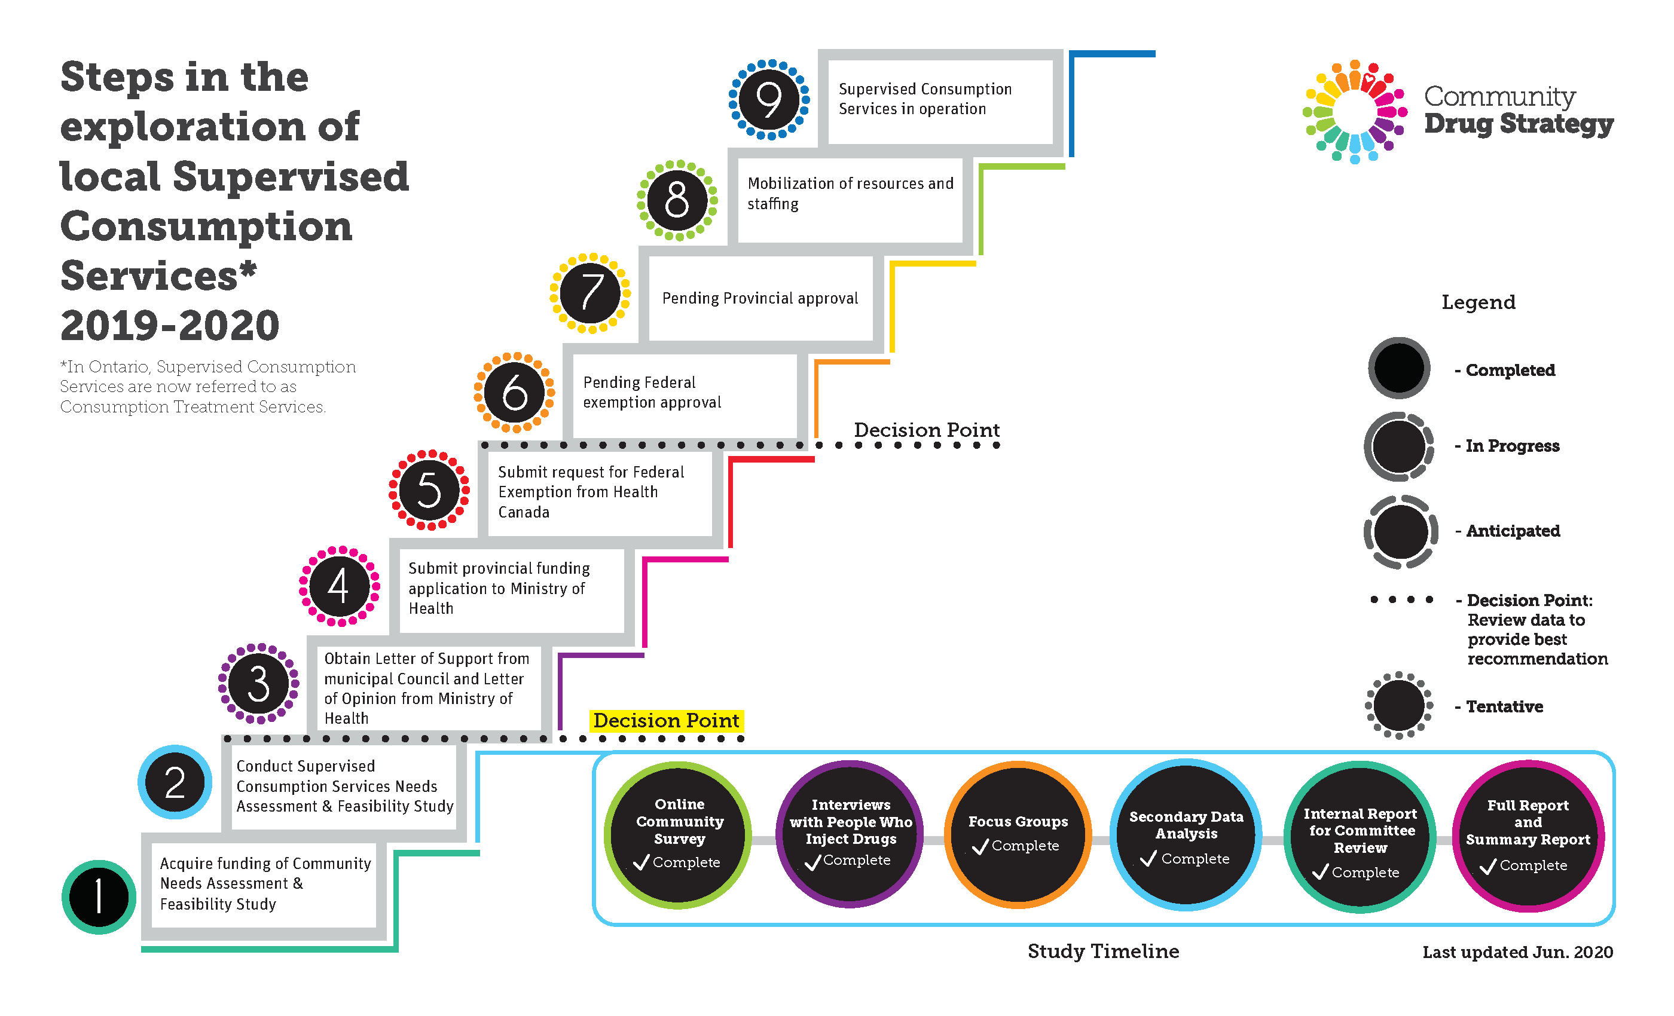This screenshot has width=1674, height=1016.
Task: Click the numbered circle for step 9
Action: click(769, 100)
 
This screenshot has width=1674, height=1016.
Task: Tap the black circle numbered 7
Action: click(591, 293)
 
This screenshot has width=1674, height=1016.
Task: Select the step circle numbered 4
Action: click(339, 586)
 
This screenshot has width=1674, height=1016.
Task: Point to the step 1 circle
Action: click(99, 897)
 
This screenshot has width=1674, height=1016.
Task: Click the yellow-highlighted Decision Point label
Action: click(666, 720)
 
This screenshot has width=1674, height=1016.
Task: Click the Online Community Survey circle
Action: click(678, 835)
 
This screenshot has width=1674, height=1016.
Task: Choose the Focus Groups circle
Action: click(1018, 835)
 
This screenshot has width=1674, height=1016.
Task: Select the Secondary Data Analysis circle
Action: click(1186, 835)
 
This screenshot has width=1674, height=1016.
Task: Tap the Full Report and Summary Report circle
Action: click(1529, 836)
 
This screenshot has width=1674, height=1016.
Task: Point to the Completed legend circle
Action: click(1399, 368)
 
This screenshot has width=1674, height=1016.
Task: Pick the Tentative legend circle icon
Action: click(1399, 705)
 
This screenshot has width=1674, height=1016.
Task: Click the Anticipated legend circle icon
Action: click(1400, 532)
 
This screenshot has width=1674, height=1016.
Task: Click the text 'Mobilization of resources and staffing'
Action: click(851, 194)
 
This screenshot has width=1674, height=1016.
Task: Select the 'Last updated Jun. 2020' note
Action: click(1518, 952)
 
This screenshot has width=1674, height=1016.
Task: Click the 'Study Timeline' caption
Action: click(1103, 951)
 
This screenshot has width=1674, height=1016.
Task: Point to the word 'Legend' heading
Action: click(1479, 302)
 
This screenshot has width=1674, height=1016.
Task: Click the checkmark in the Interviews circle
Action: click(813, 862)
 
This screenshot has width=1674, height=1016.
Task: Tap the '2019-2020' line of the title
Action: click(170, 325)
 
